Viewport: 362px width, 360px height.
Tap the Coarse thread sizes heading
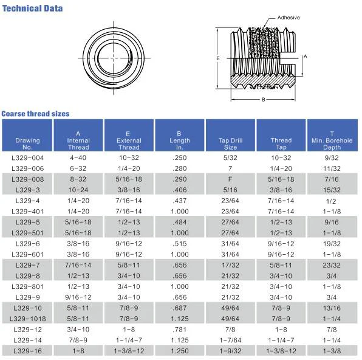point(35,114)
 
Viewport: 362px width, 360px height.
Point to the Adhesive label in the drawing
point(289,18)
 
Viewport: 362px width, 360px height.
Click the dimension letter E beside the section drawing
point(217,58)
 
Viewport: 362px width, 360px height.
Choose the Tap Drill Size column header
point(230,144)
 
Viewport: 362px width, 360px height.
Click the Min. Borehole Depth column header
point(332,140)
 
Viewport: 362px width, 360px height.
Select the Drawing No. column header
point(27,144)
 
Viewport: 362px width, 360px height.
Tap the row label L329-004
point(27,157)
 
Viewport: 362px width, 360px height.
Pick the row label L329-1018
point(27,318)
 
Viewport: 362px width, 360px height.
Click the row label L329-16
point(27,351)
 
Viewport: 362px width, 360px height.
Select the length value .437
point(179,200)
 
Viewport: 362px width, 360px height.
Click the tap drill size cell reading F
point(230,179)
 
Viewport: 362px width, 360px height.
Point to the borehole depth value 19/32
point(332,243)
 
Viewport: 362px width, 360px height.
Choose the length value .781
point(179,329)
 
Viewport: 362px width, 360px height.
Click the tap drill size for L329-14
point(230,340)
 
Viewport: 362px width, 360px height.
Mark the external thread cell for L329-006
point(129,168)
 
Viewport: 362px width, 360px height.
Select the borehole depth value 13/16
point(332,308)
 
